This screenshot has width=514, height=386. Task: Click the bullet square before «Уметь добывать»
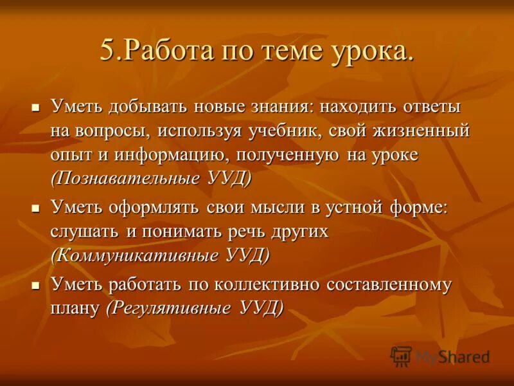[x=36, y=106]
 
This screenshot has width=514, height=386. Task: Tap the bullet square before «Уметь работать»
[x=36, y=284]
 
